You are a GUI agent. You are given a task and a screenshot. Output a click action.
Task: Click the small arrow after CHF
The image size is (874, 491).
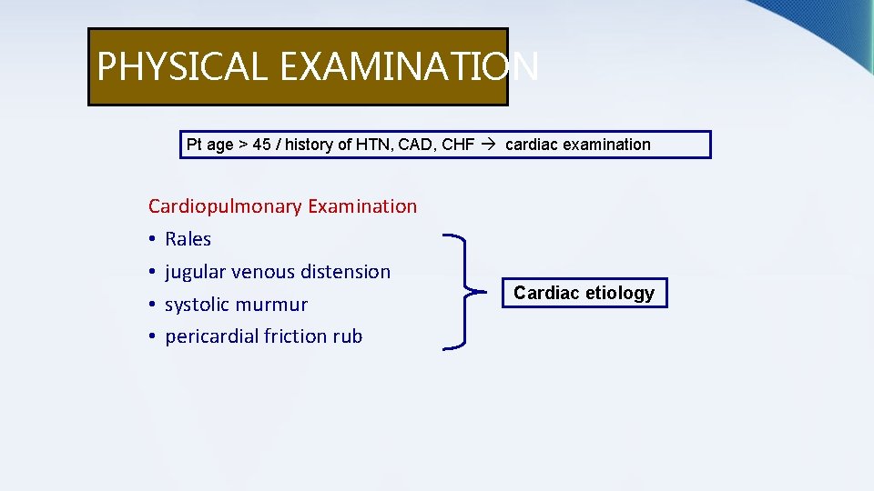click(490, 145)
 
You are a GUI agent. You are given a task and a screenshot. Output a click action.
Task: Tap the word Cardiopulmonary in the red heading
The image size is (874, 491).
click(225, 206)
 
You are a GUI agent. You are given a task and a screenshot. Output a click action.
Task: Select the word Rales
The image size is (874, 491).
click(188, 239)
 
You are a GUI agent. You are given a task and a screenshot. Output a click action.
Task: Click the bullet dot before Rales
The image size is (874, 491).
click(152, 240)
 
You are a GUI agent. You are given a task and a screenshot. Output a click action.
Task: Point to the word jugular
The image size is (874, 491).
click(195, 272)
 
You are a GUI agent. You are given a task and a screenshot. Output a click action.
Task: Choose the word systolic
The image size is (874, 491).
click(198, 305)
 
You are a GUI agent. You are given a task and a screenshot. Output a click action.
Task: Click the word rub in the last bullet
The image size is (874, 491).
click(347, 336)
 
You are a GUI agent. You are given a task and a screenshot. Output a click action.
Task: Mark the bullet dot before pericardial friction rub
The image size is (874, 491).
click(152, 337)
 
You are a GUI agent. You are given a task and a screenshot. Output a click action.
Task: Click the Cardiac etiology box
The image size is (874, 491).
click(584, 293)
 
